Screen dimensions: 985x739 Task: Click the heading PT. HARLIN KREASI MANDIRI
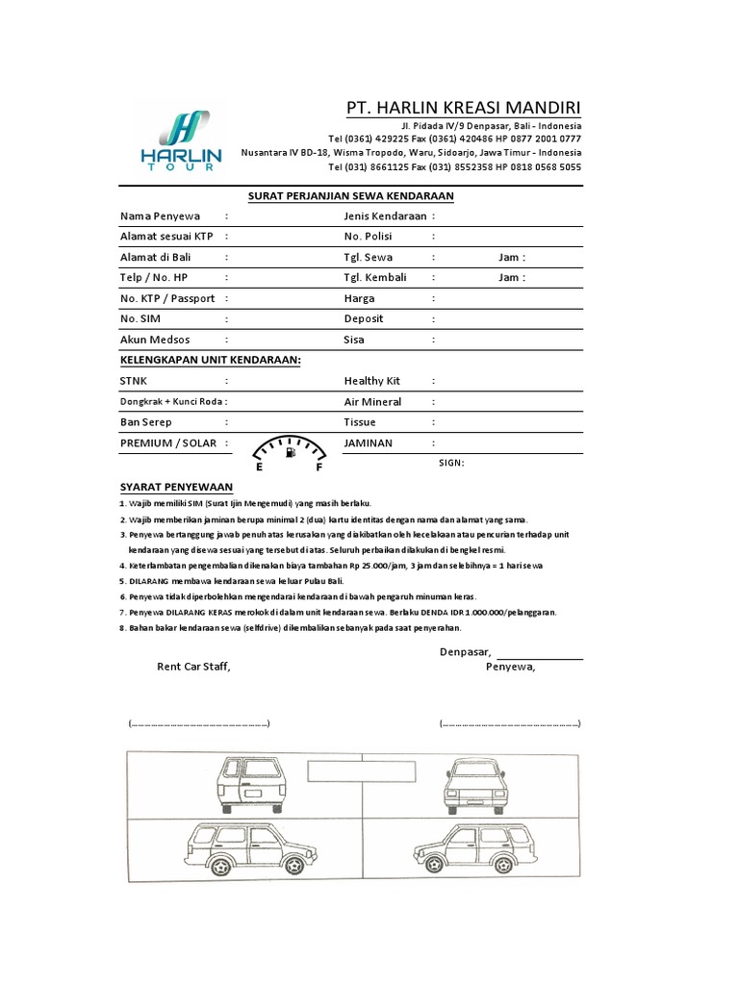[x=464, y=107]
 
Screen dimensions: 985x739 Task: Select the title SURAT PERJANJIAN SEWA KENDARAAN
[x=350, y=196]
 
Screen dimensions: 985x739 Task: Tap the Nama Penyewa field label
[x=160, y=215]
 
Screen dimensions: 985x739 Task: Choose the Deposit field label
[x=365, y=319]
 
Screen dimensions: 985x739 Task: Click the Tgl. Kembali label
[x=375, y=278]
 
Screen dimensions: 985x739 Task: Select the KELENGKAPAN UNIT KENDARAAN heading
[x=210, y=360]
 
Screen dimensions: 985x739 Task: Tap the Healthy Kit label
[x=371, y=381]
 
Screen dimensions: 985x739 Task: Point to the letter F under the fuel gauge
[x=319, y=467]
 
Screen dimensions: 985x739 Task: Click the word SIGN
[x=451, y=463]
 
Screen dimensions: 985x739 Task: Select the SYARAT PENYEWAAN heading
[x=176, y=488]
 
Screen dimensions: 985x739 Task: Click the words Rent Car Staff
[x=194, y=667]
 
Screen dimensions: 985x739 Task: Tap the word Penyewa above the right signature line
[x=511, y=667]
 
